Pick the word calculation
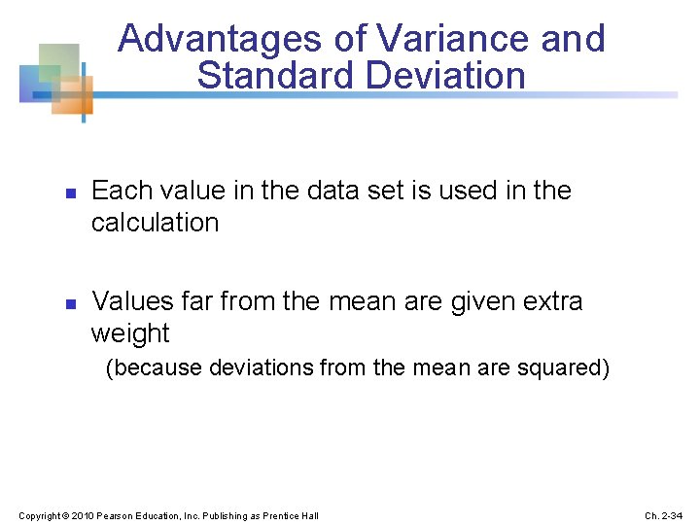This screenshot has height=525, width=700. [x=155, y=223]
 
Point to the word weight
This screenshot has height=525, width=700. [x=129, y=333]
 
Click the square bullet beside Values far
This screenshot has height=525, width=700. [x=67, y=304]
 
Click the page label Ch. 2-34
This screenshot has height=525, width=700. [x=664, y=515]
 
